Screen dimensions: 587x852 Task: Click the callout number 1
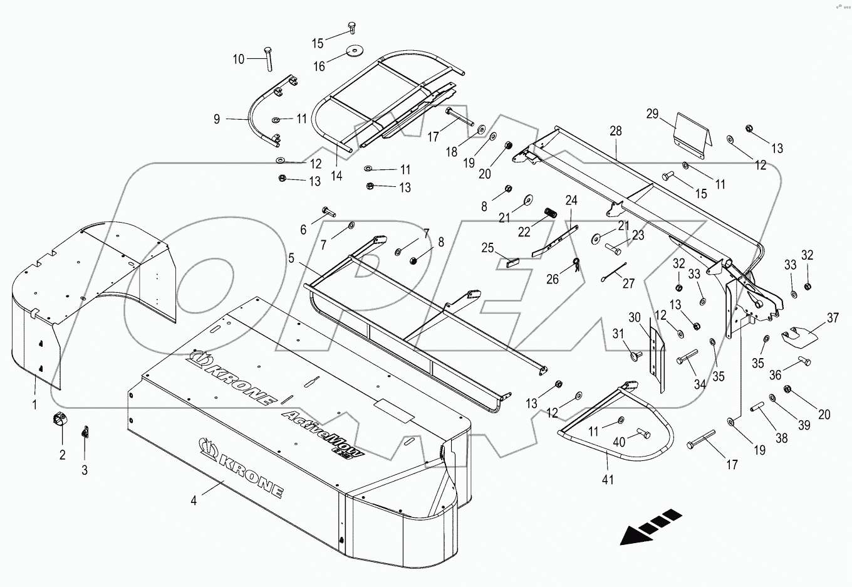(x=35, y=405)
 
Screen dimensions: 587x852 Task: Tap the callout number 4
(x=194, y=500)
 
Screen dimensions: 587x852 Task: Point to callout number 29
(x=653, y=114)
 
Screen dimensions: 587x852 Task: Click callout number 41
(x=608, y=480)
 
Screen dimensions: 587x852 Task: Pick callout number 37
(x=833, y=318)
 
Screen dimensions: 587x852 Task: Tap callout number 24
(x=571, y=201)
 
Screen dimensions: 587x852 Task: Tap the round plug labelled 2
(x=60, y=418)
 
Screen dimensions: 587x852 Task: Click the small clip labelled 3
(x=86, y=433)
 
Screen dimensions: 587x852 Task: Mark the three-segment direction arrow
(x=650, y=526)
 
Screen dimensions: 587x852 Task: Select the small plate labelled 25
(x=511, y=263)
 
